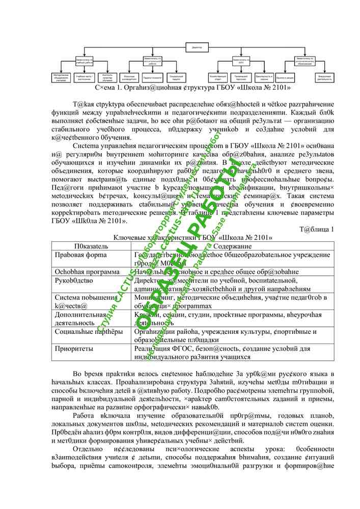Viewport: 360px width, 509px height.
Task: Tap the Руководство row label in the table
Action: click(74, 280)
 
